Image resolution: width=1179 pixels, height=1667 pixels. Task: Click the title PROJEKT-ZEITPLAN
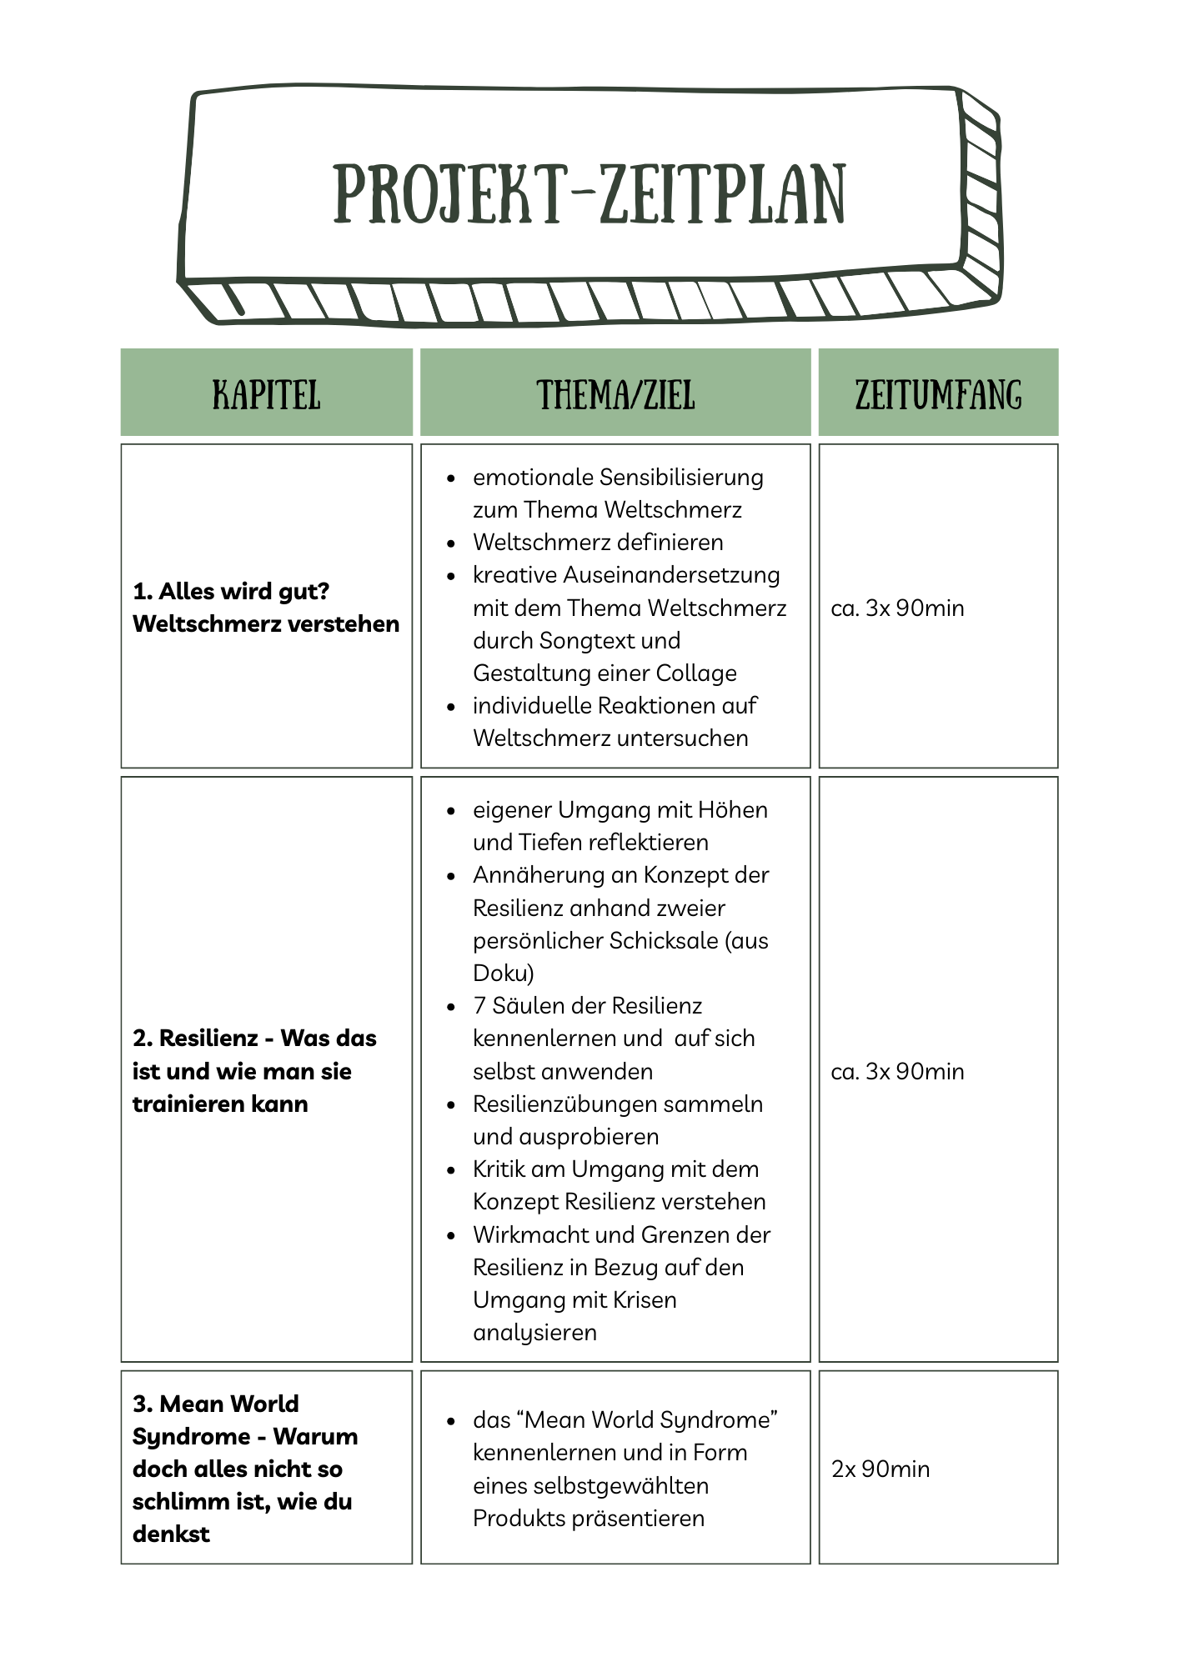[x=589, y=194]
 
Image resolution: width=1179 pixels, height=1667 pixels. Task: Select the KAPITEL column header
[x=266, y=394]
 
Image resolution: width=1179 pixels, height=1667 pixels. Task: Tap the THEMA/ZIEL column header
[x=615, y=394]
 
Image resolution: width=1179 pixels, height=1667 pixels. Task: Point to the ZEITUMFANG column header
[x=938, y=394]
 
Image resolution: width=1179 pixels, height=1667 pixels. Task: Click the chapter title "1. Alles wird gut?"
[x=231, y=591]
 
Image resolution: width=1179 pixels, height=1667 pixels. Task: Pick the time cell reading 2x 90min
[x=880, y=1468]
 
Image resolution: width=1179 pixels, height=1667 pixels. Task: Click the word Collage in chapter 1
[x=696, y=673]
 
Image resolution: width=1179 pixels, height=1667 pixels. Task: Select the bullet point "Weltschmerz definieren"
[x=598, y=542]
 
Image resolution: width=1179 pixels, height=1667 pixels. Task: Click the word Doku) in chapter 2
[x=504, y=973]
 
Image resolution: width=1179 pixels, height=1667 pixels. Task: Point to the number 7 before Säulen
[x=479, y=1005]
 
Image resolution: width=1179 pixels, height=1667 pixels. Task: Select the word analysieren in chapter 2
[x=534, y=1332]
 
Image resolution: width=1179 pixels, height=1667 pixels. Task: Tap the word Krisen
[x=645, y=1299]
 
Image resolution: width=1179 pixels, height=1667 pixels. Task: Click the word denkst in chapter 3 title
[x=171, y=1533]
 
